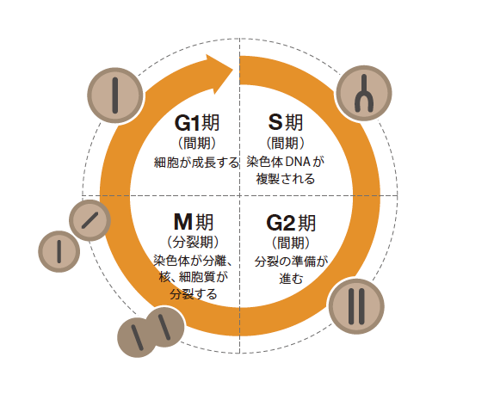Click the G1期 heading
tap(197, 122)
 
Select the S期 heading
tap(286, 122)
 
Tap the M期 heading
tap(194, 222)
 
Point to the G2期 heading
tap(291, 223)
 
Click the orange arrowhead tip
tap(233, 70)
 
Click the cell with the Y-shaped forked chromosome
tap(364, 93)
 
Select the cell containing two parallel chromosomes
tap(356, 306)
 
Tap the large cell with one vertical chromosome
tap(115, 95)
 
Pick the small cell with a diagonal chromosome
tap(90, 220)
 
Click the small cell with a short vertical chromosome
tap(59, 251)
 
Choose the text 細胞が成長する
tap(196, 163)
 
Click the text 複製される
tap(286, 179)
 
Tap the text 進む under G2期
tap(291, 279)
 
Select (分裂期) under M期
tap(193, 242)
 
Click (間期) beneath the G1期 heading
tap(197, 143)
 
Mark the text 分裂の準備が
tap(291, 262)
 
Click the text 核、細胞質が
tap(193, 277)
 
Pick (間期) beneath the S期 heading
tap(286, 143)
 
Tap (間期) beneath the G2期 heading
tap(291, 243)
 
